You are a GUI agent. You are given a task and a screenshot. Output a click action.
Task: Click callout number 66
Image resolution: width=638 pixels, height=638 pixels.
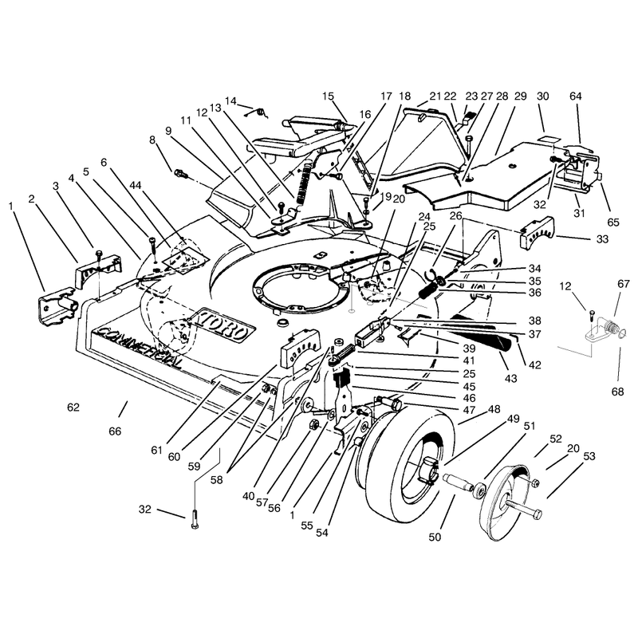115,431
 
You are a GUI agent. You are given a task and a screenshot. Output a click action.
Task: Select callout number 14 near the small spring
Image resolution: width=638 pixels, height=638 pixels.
230,101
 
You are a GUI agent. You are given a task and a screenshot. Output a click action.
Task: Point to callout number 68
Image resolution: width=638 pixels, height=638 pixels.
617,392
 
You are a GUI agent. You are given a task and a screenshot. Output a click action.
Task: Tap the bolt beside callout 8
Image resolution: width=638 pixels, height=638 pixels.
181,174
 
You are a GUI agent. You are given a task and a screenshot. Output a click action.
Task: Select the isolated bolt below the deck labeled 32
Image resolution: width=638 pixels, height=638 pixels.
195,519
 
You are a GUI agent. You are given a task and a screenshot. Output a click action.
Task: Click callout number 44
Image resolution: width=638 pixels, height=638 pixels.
135,185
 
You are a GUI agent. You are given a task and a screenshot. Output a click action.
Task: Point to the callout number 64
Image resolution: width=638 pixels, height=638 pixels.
575,96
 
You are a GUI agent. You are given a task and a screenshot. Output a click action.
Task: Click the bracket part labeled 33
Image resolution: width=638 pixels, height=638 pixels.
537,232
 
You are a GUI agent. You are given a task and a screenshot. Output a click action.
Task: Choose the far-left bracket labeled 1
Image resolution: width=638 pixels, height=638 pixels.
57,305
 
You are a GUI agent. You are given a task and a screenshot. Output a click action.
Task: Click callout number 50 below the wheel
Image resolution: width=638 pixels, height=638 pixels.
435,537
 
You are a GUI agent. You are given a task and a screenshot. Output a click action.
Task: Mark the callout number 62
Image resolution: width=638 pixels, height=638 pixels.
73,407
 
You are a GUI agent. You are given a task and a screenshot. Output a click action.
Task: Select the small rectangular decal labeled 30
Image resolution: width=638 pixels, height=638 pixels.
549,139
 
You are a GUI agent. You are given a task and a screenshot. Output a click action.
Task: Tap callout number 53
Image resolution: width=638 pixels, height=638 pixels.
589,456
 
